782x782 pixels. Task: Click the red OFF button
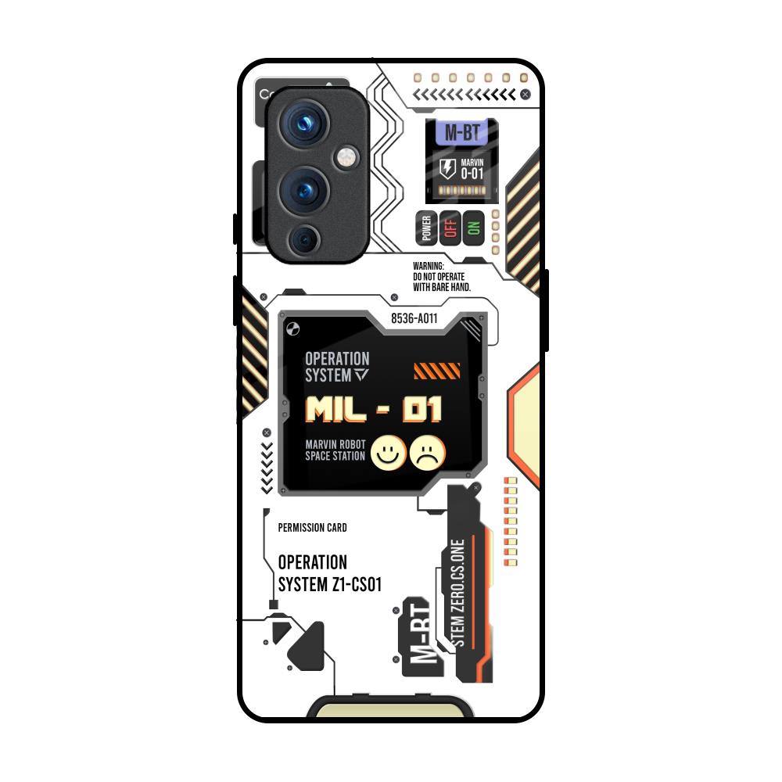tap(450, 228)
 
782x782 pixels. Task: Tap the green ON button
tap(472, 228)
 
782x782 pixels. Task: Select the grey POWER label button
tap(426, 228)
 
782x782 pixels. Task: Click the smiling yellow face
tap(388, 452)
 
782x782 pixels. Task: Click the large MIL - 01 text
tap(374, 409)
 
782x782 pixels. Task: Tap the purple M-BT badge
tap(462, 132)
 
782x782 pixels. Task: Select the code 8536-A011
tap(414, 319)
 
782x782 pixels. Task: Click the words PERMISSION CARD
tap(313, 528)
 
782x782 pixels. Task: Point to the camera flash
tap(344, 159)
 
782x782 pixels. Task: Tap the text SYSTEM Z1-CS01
tap(329, 584)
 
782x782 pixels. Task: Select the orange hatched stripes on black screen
tap(436, 371)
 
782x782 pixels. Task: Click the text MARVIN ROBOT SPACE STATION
tap(335, 450)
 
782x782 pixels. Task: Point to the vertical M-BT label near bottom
tap(419, 637)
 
